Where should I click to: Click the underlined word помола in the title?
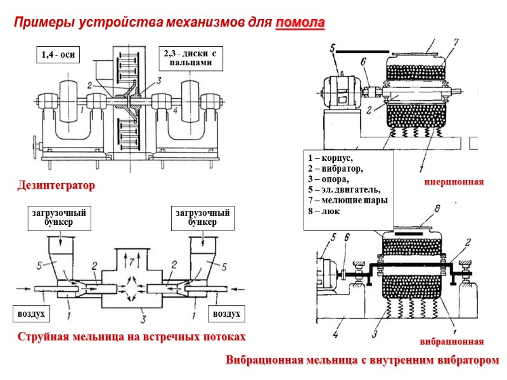pyautogui.click(x=300, y=24)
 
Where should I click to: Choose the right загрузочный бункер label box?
pyautogui.click(x=202, y=217)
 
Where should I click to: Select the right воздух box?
pyautogui.click(x=227, y=313)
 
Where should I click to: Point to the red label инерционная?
pyautogui.click(x=454, y=182)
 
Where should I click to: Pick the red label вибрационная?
pyautogui.click(x=454, y=341)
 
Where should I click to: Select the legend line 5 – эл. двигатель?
pyautogui.click(x=343, y=189)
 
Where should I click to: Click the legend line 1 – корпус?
pyautogui.click(x=328, y=158)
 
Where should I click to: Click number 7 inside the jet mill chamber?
pyautogui.click(x=131, y=260)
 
